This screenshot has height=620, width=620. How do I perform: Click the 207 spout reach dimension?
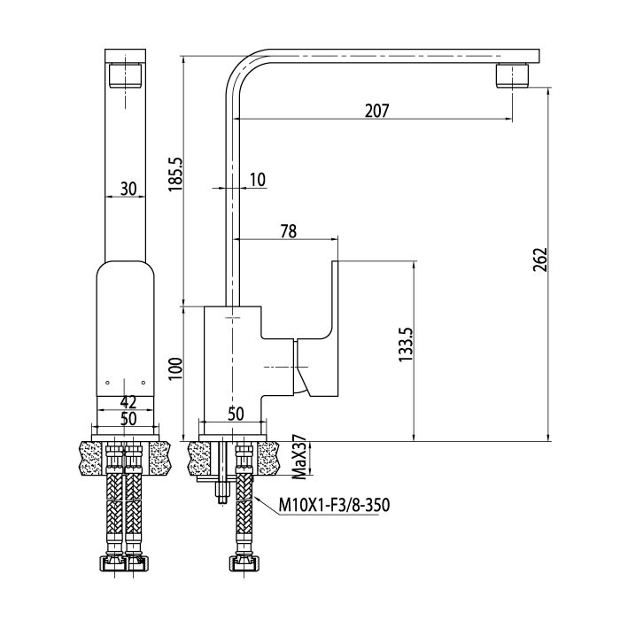coord(376,111)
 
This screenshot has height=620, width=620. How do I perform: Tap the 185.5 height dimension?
coord(175,174)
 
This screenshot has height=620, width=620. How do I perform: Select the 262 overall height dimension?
coord(540,260)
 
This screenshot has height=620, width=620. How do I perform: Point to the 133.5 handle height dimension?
coord(406,344)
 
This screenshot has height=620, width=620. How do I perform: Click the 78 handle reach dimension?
coord(289,232)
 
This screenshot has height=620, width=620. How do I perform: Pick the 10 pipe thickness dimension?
coord(258,180)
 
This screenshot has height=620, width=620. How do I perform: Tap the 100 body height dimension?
coord(175,368)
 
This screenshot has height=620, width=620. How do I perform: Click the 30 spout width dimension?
coord(128,189)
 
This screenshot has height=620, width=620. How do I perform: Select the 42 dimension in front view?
coord(128,402)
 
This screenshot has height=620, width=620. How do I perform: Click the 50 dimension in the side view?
coord(236,414)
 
